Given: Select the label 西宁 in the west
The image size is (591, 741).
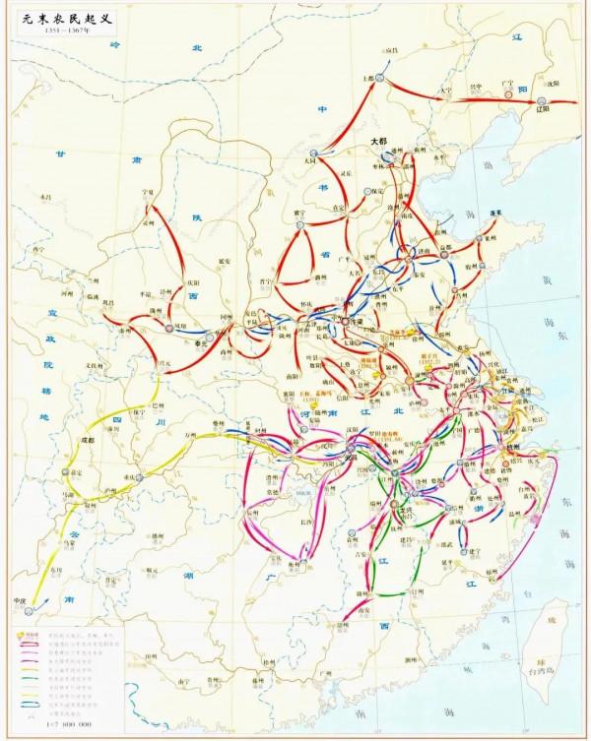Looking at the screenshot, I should tap(39, 251).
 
